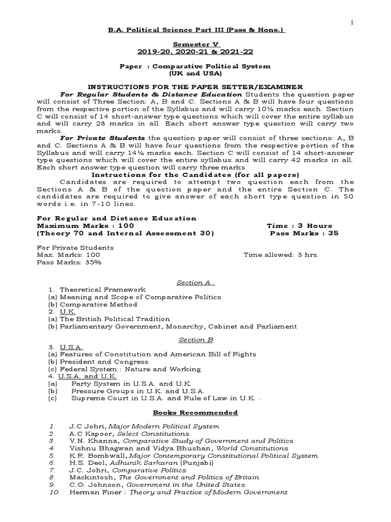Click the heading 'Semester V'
pos(195,44)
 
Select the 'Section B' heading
pos(195,339)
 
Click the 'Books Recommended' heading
pos(195,412)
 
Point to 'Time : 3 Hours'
pos(299,225)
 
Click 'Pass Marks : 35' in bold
pos(304,233)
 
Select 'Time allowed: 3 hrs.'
pos(281,254)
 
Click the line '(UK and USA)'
pos(195,73)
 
